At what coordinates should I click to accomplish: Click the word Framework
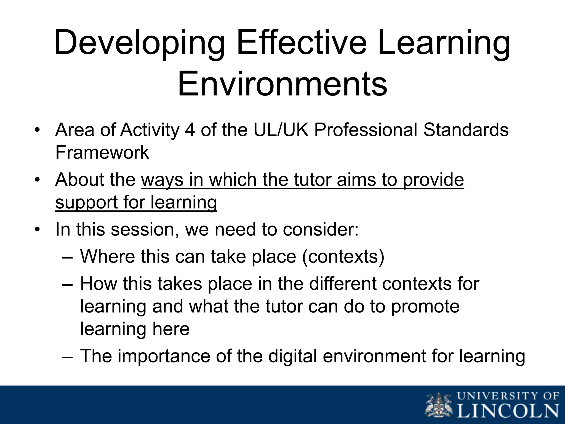(102, 152)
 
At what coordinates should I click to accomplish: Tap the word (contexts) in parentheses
(343, 257)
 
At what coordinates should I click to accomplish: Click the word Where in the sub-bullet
(107, 257)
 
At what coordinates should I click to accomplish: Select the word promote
(425, 306)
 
